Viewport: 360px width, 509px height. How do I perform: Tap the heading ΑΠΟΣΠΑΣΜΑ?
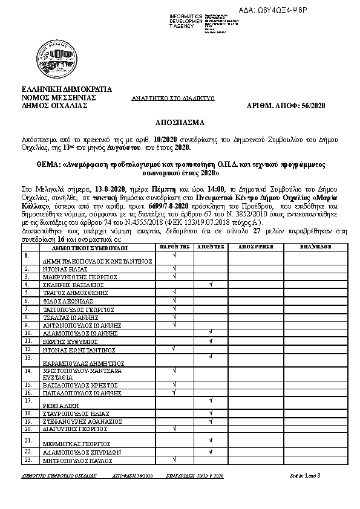(x=180, y=122)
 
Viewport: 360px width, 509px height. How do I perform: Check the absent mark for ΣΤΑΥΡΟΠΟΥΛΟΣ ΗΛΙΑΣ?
(x=211, y=413)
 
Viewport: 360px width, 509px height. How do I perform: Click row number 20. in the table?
(x=28, y=429)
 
